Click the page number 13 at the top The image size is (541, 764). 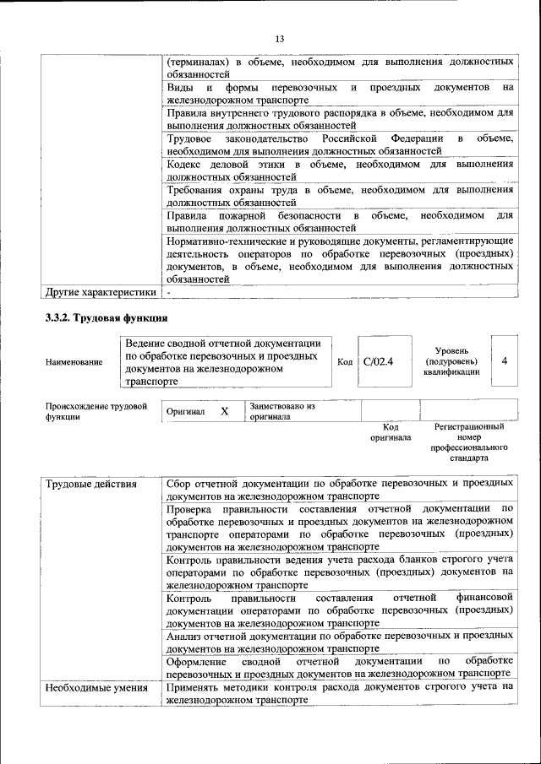[x=280, y=38]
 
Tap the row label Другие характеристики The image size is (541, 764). [x=101, y=292]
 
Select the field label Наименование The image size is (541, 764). [x=74, y=361]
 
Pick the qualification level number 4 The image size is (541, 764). [x=505, y=360]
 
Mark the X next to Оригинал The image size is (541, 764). [x=225, y=411]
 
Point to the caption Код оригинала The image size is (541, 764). [x=390, y=432]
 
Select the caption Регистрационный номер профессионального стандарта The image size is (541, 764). [x=468, y=443]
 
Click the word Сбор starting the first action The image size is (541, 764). [x=181, y=484]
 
